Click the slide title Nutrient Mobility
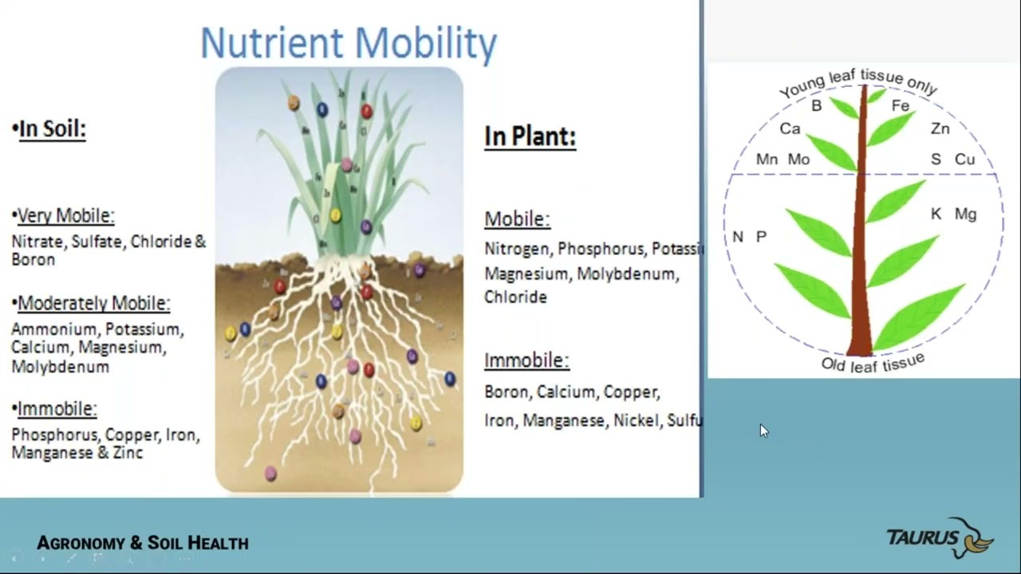pyautogui.click(x=349, y=43)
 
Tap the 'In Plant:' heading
pyautogui.click(x=530, y=136)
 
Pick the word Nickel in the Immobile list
pyautogui.click(x=635, y=420)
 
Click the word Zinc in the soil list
pyautogui.click(x=128, y=453)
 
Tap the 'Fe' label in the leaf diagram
pyautogui.click(x=900, y=106)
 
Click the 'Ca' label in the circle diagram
pyautogui.click(x=790, y=129)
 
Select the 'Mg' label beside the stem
pyautogui.click(x=965, y=214)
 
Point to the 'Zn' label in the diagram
pyautogui.click(x=940, y=129)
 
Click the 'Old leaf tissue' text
pyautogui.click(x=873, y=364)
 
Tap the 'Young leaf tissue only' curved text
pyautogui.click(x=857, y=82)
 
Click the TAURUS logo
pyautogui.click(x=940, y=538)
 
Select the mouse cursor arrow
pyautogui.click(x=763, y=431)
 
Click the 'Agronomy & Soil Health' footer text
pyautogui.click(x=143, y=544)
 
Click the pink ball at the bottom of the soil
pyautogui.click(x=270, y=474)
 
